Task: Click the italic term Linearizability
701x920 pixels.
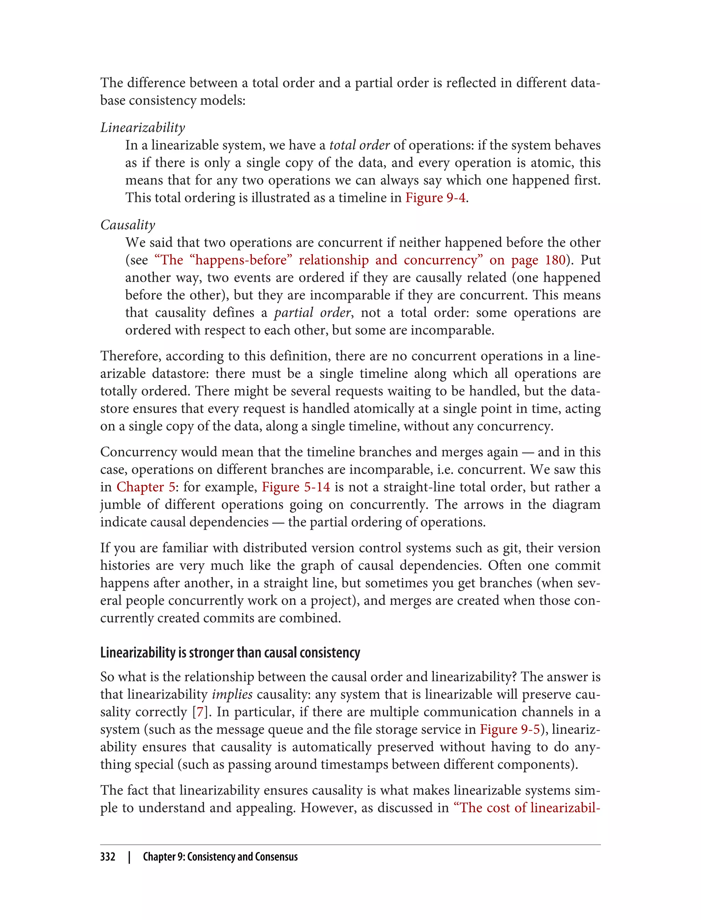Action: pyautogui.click(x=142, y=128)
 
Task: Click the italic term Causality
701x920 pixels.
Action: pyautogui.click(x=128, y=225)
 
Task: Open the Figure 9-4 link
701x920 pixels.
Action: pyautogui.click(x=435, y=198)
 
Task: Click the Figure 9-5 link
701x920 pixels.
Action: pyautogui.click(x=510, y=729)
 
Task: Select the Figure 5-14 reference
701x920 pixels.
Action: pyautogui.click(x=295, y=487)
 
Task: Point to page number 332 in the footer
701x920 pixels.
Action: pyautogui.click(x=108, y=857)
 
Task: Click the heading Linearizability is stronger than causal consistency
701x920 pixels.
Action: pyautogui.click(x=230, y=653)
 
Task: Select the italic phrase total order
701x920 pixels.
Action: pyautogui.click(x=359, y=145)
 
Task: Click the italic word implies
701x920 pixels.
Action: pyautogui.click(x=232, y=694)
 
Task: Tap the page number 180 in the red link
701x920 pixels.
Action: pyautogui.click(x=555, y=260)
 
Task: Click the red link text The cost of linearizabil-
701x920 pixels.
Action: pyautogui.click(x=526, y=808)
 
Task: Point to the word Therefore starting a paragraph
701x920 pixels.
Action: pyautogui.click(x=131, y=356)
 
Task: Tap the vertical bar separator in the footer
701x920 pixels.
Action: pyautogui.click(x=129, y=857)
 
